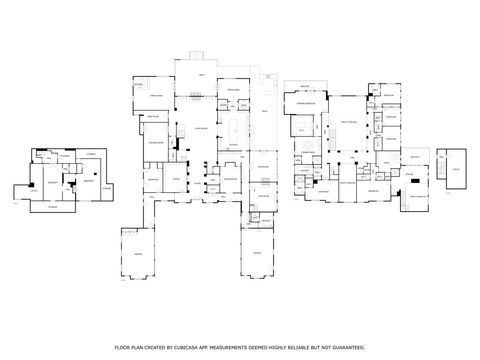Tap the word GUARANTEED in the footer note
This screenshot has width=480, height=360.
(346, 341)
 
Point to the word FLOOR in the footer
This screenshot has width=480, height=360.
(133, 341)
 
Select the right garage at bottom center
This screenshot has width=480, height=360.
(258, 254)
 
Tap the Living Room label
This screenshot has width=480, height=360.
(199, 128)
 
